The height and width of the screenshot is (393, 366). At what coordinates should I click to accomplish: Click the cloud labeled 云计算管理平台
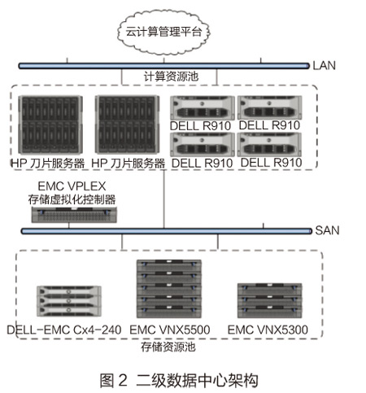163,32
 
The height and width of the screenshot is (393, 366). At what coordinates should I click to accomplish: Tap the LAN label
324,66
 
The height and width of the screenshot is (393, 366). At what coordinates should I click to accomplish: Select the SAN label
327,230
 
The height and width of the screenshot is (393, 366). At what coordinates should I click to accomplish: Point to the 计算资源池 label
171,76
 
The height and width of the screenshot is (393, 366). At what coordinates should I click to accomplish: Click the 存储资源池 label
168,347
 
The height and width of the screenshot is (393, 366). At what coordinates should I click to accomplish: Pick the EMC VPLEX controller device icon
74,215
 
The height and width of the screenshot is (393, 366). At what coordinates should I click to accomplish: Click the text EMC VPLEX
72,186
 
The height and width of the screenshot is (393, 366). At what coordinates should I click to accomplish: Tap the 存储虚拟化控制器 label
72,199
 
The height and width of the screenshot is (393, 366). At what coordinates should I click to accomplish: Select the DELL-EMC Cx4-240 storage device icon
69,301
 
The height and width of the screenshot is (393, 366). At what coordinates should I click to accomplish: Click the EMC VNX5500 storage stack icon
169,289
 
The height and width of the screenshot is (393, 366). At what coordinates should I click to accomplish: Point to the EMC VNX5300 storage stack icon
269,300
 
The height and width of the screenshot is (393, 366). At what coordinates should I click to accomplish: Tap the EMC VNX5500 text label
170,330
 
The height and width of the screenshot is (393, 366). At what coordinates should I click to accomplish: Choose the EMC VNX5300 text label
268,330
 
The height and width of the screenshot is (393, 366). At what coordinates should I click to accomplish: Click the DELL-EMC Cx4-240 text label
64,330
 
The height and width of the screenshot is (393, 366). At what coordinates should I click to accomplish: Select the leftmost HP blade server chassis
50,124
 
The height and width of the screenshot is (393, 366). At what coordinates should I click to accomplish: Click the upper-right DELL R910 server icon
269,107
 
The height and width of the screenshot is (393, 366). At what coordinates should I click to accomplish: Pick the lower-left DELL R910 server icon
203,144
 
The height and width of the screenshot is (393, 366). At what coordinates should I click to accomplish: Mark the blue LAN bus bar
163,66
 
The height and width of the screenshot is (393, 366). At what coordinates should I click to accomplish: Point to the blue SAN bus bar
167,231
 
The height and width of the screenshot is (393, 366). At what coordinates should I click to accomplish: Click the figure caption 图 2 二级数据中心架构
179,380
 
